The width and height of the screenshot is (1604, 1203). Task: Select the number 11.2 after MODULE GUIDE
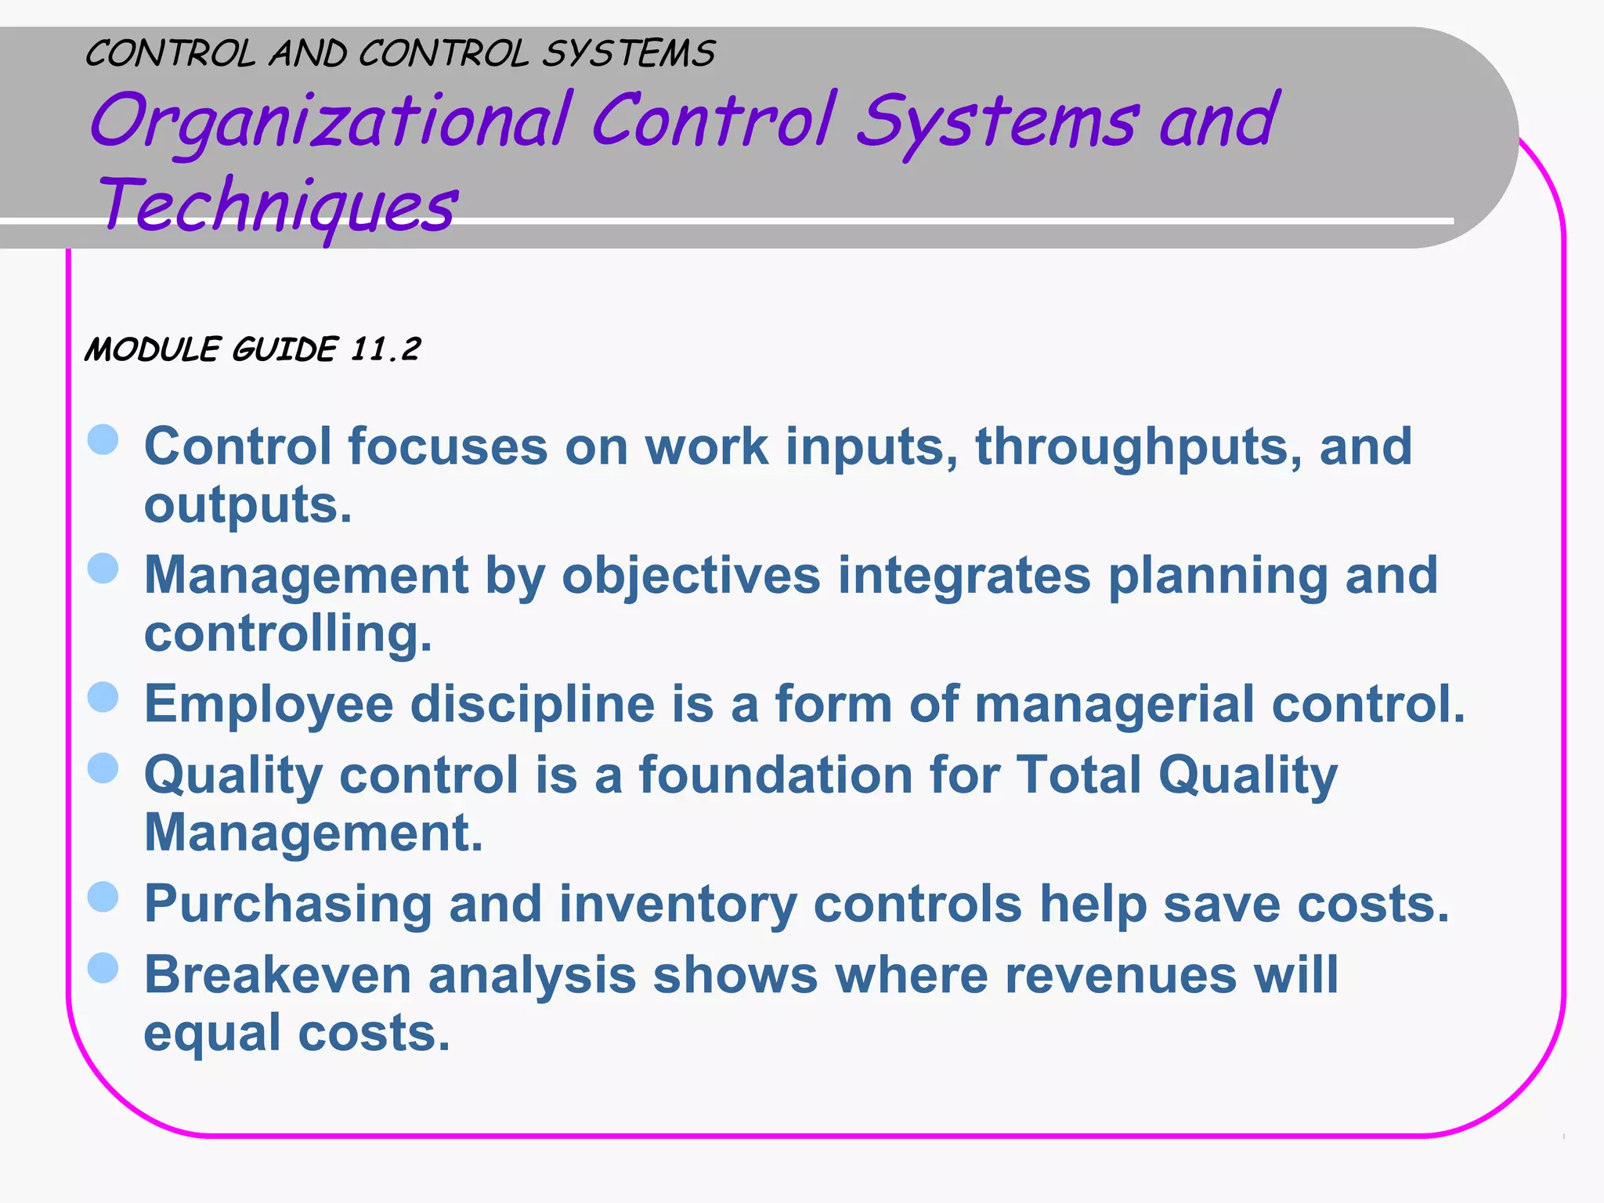click(x=385, y=349)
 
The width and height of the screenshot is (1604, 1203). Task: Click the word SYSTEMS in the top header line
click(x=628, y=54)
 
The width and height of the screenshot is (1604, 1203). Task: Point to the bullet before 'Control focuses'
click(x=103, y=440)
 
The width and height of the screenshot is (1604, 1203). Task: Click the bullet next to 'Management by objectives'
click(x=103, y=569)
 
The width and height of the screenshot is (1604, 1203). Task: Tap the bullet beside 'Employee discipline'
click(x=103, y=697)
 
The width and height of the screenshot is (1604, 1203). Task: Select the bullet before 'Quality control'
click(x=103, y=768)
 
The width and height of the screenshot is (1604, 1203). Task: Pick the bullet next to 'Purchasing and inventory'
click(x=103, y=898)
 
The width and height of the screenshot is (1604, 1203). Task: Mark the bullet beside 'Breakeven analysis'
click(x=103, y=969)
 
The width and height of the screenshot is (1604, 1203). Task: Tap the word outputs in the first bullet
click(x=247, y=505)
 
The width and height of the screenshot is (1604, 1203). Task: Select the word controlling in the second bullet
click(x=287, y=634)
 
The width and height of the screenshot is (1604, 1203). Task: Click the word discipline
click(x=533, y=704)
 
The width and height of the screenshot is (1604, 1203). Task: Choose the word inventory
click(x=677, y=905)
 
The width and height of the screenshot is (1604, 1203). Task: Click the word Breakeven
click(x=277, y=976)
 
